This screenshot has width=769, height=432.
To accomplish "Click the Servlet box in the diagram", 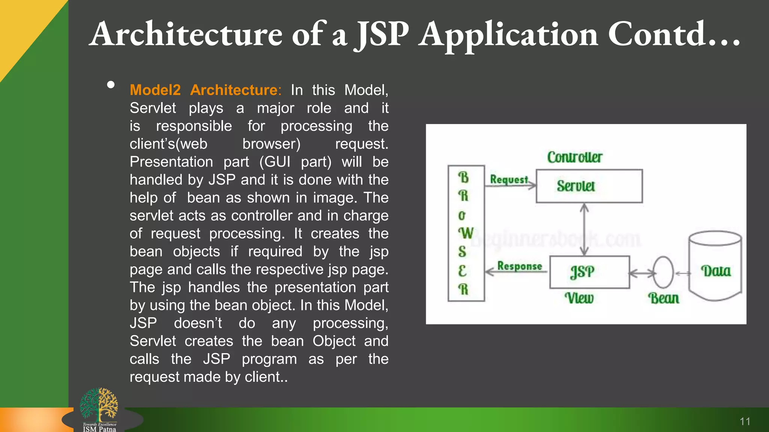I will click(589, 186).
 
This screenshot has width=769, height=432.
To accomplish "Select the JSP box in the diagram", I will click(589, 272).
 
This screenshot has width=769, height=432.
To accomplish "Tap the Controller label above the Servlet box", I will click(574, 157).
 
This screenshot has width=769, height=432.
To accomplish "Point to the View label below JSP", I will click(579, 298).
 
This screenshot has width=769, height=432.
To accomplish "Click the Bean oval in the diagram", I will click(663, 272).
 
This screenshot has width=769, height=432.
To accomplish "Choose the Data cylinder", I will click(715, 266).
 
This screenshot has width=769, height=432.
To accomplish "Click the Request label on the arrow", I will click(509, 179).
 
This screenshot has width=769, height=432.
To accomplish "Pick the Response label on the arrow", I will click(520, 266).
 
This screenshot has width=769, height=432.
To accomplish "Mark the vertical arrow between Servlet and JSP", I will click(584, 229).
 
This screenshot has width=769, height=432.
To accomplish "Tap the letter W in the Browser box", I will click(466, 233).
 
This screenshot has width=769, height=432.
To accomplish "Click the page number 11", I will click(745, 421).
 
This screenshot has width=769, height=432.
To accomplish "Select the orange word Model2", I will click(155, 90).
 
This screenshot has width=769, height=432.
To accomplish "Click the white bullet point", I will click(111, 85).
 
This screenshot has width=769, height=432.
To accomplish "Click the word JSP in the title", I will click(382, 34).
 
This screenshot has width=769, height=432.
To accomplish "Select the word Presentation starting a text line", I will click(171, 162).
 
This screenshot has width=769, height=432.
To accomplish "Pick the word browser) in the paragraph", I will click(271, 144).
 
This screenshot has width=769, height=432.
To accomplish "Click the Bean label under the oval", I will click(663, 298).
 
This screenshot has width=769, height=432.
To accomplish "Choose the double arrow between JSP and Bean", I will click(641, 273).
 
